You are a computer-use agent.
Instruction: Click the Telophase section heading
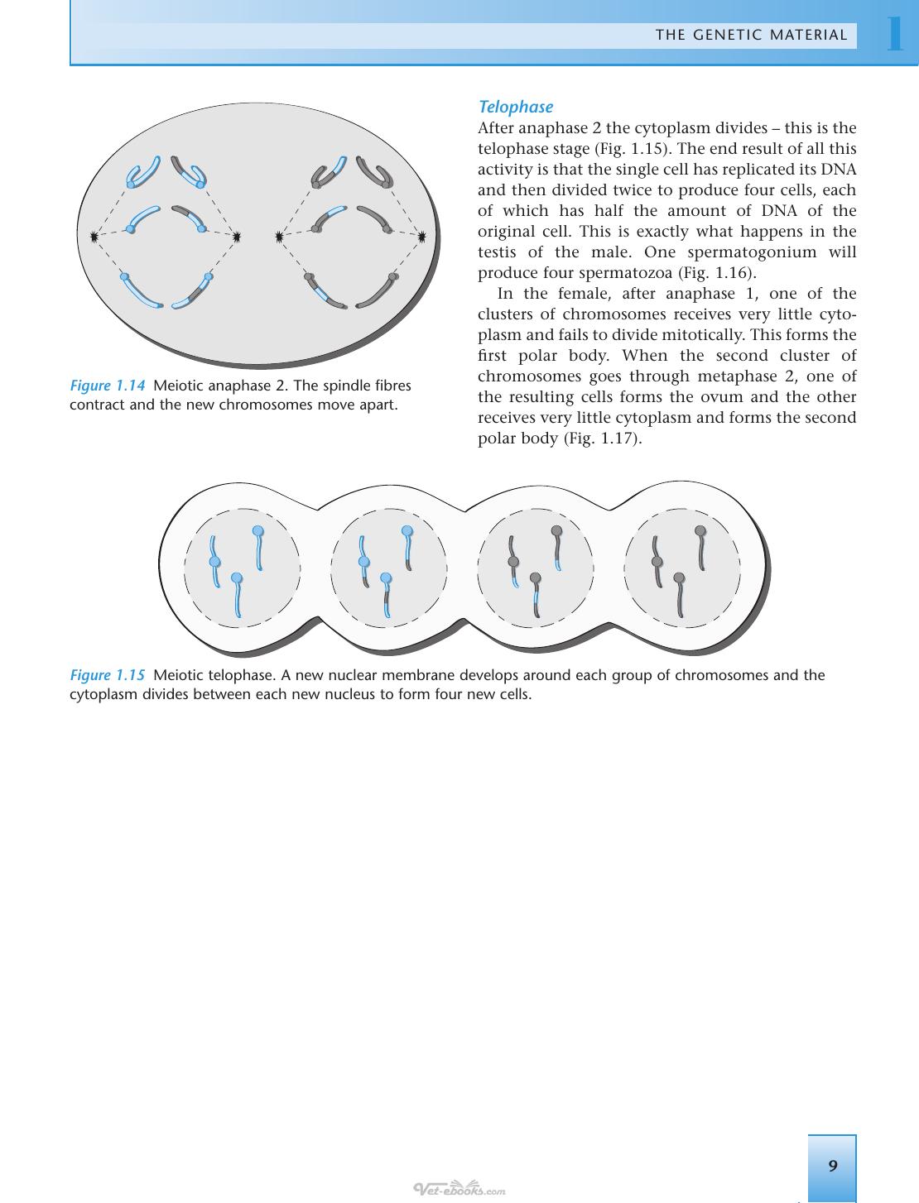tap(516, 107)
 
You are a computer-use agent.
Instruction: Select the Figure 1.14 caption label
tap(108, 386)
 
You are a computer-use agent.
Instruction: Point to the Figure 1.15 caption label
tap(108, 675)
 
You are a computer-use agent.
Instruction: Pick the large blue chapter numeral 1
tap(896, 33)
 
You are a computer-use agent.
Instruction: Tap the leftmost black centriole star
tap(94, 237)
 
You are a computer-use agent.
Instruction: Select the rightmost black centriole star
tap(421, 237)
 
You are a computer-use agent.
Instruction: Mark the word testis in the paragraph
tap(497, 252)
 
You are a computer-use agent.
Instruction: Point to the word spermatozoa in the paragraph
tap(628, 274)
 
